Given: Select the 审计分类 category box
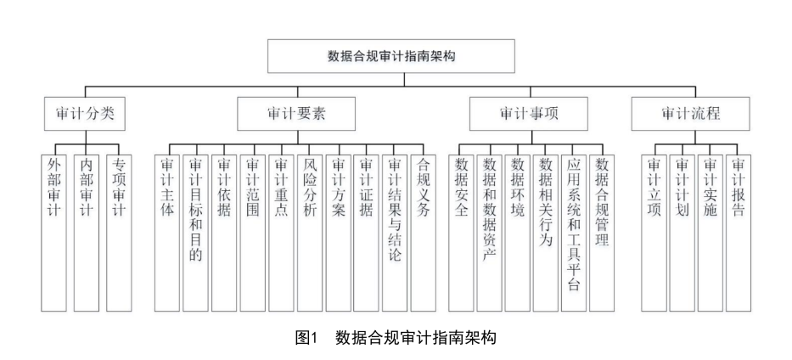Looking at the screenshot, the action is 84,113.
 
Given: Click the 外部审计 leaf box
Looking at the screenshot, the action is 54,229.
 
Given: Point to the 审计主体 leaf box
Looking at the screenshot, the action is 167,229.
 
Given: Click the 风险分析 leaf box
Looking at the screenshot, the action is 309,229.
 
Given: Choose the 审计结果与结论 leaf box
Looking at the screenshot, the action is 395,229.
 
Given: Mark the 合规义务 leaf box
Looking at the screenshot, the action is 423,229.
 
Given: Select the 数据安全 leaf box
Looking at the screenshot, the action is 462,229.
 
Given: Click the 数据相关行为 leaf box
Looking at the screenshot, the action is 546,229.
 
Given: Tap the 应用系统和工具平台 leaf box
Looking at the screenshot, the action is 574,229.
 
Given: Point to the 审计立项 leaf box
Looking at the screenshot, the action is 654,229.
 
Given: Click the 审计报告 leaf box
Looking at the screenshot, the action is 739,229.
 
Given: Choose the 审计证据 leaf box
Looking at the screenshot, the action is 366,229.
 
